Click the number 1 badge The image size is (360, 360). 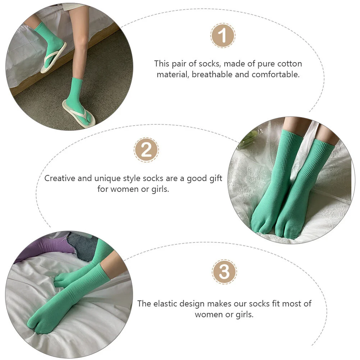(x=223, y=36)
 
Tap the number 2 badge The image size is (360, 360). (x=146, y=149)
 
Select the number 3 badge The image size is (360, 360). (x=224, y=272)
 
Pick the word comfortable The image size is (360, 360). (x=276, y=75)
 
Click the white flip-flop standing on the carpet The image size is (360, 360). (x=79, y=114)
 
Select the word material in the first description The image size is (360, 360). (x=172, y=75)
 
